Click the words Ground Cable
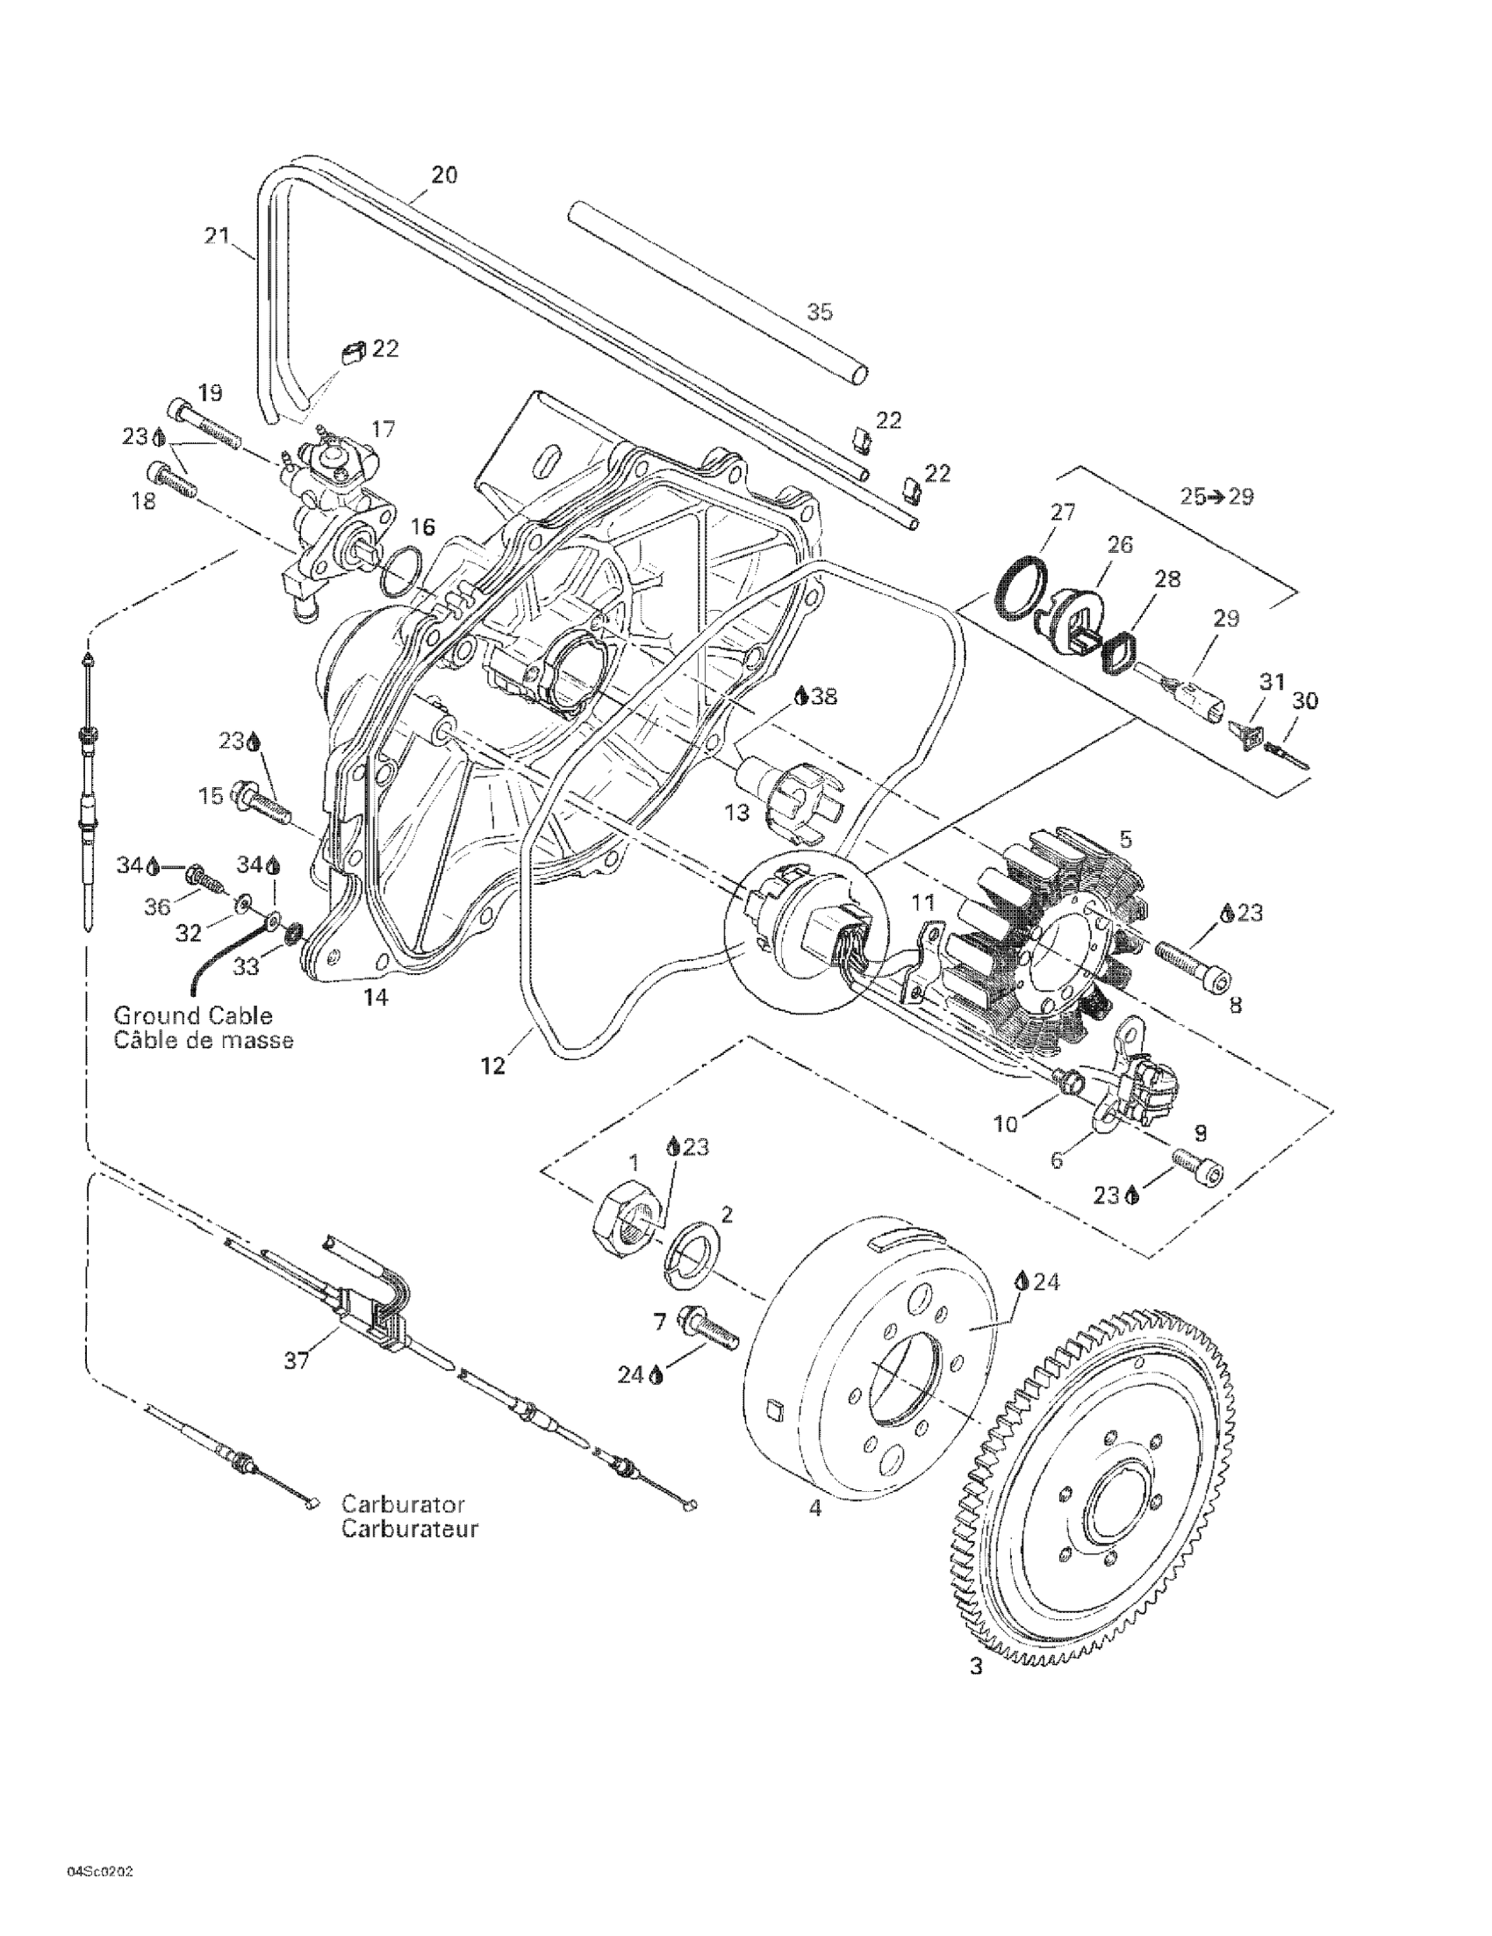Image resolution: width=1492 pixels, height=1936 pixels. pos(193,1015)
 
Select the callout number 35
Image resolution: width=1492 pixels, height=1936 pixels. pos(820,312)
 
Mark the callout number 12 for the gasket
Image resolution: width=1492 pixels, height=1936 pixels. pos(493,1066)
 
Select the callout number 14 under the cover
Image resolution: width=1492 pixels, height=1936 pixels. pos(375,997)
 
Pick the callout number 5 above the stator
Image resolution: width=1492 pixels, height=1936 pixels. pos(1126,839)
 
